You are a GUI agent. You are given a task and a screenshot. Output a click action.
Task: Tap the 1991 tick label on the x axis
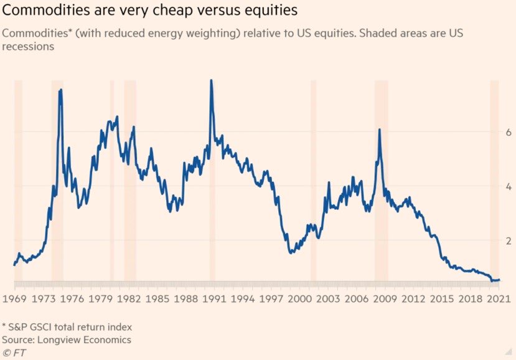click(x=212, y=298)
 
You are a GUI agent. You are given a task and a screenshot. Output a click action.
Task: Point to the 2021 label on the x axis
click(x=499, y=298)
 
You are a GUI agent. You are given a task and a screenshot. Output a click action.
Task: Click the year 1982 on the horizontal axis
click(x=127, y=298)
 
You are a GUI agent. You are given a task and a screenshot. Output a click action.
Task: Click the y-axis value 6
click(x=508, y=133)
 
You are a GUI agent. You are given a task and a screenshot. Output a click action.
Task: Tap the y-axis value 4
click(x=508, y=186)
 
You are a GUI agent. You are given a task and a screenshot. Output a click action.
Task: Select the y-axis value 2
click(x=508, y=240)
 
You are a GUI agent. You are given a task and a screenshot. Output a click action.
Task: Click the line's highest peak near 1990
click(x=212, y=80)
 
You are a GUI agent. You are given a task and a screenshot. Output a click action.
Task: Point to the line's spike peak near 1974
click(x=60, y=90)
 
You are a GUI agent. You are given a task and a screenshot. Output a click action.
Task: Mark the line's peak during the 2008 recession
click(x=379, y=130)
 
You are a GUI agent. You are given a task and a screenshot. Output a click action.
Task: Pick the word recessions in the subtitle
click(x=27, y=45)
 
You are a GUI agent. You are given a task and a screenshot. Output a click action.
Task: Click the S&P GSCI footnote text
click(x=67, y=326)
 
